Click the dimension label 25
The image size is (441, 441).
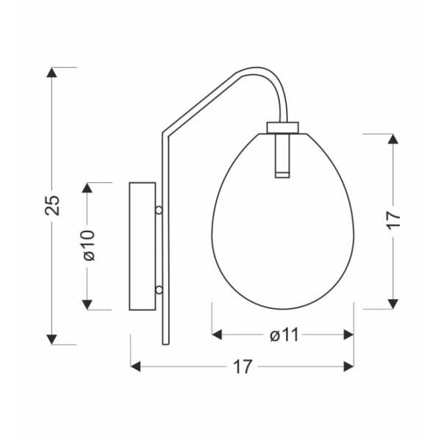52,206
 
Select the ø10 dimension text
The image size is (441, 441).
90,245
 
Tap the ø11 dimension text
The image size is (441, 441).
284,335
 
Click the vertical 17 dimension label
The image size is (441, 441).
393,220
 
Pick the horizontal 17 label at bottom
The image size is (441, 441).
243,367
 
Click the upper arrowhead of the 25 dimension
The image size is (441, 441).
51,73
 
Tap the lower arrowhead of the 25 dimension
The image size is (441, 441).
51,340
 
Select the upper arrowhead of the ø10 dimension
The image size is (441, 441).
87,188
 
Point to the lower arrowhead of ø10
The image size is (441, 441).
87,304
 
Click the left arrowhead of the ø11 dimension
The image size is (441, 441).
217,334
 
